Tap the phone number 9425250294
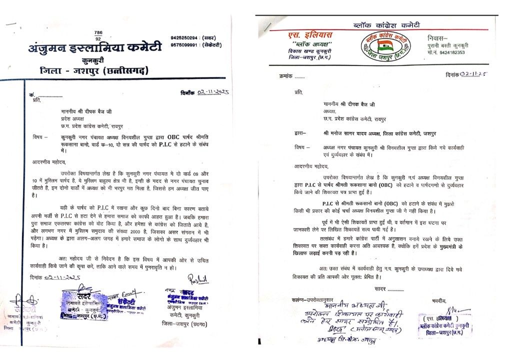[184, 37]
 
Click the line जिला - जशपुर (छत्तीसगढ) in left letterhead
[95, 71]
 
